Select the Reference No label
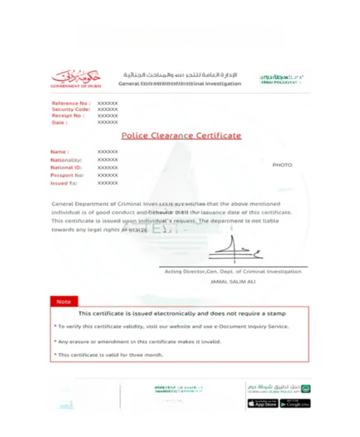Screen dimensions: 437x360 click(70, 103)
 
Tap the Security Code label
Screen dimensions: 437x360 click(70, 109)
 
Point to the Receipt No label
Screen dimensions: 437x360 click(67, 116)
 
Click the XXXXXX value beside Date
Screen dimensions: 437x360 click(107, 123)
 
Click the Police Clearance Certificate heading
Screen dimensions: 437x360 click(181, 136)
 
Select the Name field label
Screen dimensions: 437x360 click(59, 152)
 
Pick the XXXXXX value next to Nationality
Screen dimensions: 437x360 click(107, 160)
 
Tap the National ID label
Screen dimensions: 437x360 click(66, 167)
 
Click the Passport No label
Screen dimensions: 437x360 click(67, 175)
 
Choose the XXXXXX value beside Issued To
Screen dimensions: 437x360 click(107, 182)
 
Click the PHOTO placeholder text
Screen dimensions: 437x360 click(282, 164)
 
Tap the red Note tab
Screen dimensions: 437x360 click(64, 301)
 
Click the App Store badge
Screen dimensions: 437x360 click(262, 403)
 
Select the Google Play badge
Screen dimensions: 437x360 click(295, 403)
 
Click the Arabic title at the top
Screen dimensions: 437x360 click(180, 75)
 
